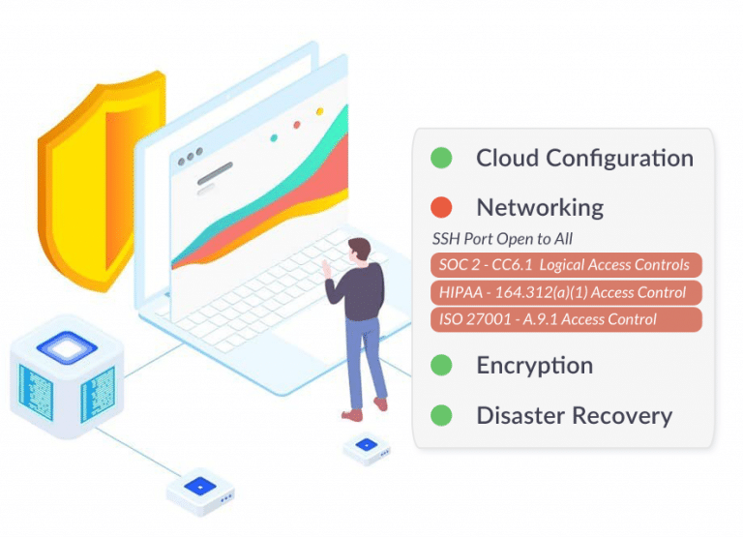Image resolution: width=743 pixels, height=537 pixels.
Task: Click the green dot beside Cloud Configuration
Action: coord(441,158)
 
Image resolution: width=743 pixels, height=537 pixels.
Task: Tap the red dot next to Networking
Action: coord(441,207)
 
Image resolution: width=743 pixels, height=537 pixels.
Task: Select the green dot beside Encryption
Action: coord(441,365)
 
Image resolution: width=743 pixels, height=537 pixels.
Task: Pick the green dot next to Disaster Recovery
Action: coord(441,416)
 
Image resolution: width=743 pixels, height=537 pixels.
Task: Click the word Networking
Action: coord(539,207)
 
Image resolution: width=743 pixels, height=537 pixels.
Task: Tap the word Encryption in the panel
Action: coord(534,365)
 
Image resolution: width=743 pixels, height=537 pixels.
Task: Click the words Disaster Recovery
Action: coord(574,416)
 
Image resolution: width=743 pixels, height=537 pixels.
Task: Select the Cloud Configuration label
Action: coord(584,158)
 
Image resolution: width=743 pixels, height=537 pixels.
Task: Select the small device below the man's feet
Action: coord(366,447)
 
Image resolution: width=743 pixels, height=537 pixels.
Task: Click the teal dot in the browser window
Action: coord(274,137)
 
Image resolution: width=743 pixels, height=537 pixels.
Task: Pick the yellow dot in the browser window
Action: coord(320,112)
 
